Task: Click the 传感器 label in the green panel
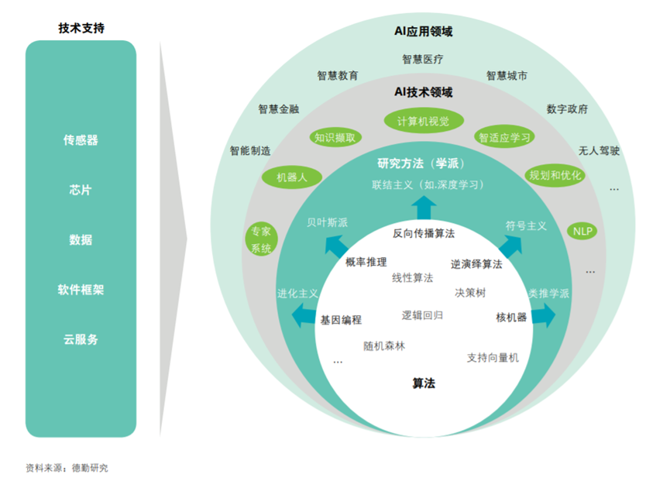[x=81, y=140]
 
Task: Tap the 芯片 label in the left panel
[x=81, y=190]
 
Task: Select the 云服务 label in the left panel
[x=81, y=339]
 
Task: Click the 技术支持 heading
[x=81, y=28]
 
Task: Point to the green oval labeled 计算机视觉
[x=423, y=121]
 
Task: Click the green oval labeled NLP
[x=583, y=231]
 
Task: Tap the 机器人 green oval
[x=292, y=177]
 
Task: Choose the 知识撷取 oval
[x=335, y=138]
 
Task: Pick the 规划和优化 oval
[x=555, y=175]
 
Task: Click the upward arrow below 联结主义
[x=423, y=208]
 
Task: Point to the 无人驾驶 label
[x=599, y=151]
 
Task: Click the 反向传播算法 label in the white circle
[x=424, y=232]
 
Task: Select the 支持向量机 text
[x=493, y=358]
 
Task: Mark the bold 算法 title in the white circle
[x=424, y=383]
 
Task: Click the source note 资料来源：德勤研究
[x=67, y=468]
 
